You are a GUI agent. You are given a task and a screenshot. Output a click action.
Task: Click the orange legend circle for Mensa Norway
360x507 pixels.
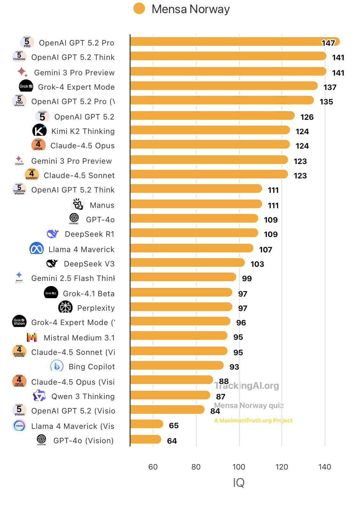click(x=139, y=9)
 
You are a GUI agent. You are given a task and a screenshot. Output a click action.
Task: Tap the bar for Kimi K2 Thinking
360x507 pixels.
click(x=210, y=130)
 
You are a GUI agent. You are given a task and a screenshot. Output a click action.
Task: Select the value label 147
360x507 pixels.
click(x=328, y=43)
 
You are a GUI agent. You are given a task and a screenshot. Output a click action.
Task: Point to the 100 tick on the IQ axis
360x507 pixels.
click(x=239, y=467)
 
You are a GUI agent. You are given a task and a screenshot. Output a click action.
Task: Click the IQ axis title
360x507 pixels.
click(x=239, y=482)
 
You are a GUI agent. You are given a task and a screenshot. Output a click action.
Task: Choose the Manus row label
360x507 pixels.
click(x=102, y=205)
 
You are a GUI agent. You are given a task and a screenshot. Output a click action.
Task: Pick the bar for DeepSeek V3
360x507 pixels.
click(x=187, y=263)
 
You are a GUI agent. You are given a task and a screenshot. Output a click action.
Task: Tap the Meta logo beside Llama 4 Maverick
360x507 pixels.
click(x=36, y=248)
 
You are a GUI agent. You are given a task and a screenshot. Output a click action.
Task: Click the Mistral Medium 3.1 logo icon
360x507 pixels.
click(x=32, y=337)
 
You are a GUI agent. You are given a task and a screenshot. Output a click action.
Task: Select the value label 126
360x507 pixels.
click(x=307, y=117)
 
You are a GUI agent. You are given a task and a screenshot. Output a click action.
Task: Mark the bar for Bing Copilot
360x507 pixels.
click(x=177, y=365)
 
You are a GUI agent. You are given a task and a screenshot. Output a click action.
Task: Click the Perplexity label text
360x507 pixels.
click(x=96, y=308)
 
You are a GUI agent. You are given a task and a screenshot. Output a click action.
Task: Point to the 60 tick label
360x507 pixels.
click(x=153, y=467)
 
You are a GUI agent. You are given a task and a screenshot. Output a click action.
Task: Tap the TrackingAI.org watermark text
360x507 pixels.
click(x=247, y=386)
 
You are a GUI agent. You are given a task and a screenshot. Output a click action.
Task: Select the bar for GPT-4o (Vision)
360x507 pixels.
click(x=146, y=439)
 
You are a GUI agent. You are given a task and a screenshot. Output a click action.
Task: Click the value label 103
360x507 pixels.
click(x=257, y=264)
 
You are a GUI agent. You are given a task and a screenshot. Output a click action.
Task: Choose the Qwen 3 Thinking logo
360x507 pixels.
click(x=39, y=396)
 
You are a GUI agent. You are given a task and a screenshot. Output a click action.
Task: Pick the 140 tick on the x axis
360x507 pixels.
click(x=324, y=467)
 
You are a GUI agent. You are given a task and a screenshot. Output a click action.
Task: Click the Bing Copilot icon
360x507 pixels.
click(x=57, y=366)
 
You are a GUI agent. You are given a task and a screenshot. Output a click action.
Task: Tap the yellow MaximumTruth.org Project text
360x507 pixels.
click(x=253, y=421)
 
